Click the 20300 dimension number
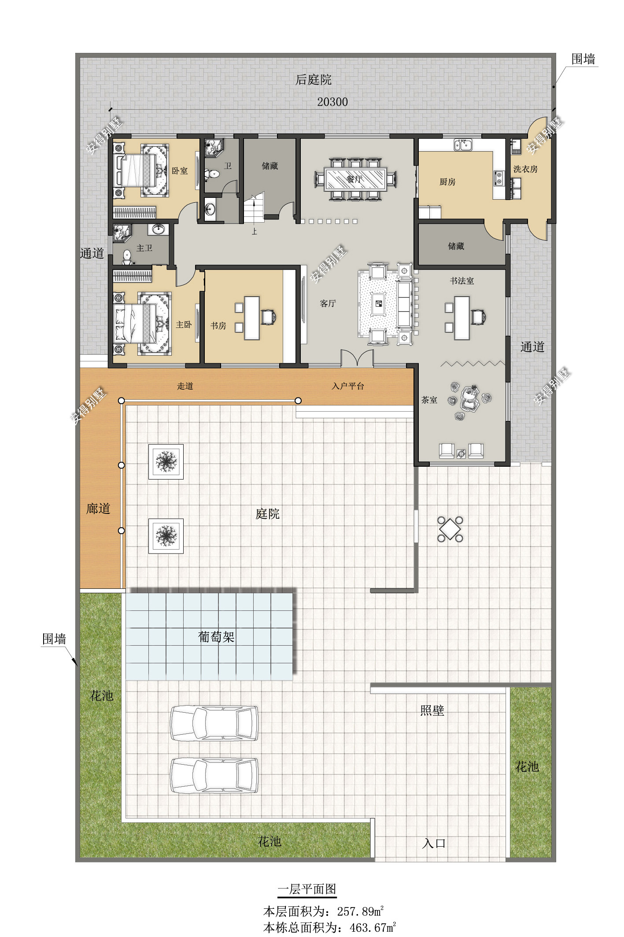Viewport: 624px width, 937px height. [332, 102]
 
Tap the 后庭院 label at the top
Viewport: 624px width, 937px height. [313, 80]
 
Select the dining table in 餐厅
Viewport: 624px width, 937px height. [355, 179]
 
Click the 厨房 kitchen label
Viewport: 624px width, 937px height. [447, 182]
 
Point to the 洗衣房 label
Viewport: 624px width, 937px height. [525, 169]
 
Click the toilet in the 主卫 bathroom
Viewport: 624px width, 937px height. [127, 257]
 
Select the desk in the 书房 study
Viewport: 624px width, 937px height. [252, 318]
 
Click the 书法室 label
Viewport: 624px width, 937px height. [462, 281]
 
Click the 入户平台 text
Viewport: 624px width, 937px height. [348, 386]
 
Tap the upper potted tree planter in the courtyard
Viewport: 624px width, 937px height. [166, 461]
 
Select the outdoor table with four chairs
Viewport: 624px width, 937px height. [450, 529]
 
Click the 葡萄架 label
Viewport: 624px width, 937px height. [216, 637]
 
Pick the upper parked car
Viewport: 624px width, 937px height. [214, 723]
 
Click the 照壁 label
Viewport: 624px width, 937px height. [432, 710]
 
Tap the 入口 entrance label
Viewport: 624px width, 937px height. [434, 844]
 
